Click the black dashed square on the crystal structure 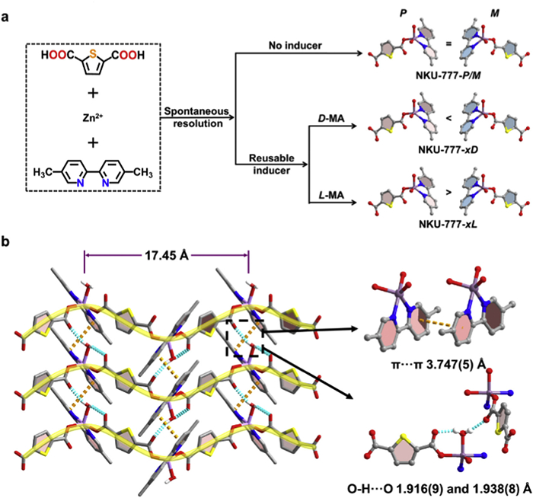coord(245,337)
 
